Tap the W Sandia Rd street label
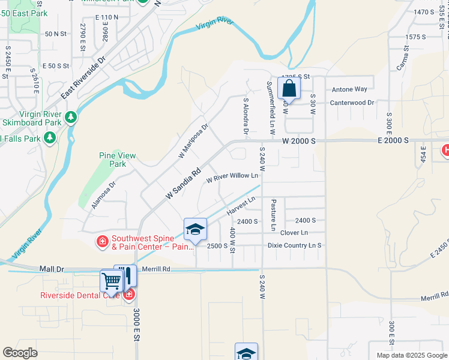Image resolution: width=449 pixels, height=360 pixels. click(x=182, y=184)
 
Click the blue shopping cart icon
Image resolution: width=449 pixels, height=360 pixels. click(x=111, y=280)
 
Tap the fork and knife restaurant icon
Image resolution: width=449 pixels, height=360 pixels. click(x=125, y=276)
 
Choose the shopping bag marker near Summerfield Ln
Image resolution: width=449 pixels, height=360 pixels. click(x=289, y=88)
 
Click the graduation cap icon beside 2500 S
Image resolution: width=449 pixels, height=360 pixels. click(x=195, y=229)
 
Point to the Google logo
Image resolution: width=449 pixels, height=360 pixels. click(x=20, y=353)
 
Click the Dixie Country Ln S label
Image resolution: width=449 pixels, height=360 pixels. click(x=294, y=245)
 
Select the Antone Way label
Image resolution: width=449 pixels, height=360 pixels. click(x=349, y=89)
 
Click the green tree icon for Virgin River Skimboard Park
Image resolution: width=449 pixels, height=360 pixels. click(x=71, y=116)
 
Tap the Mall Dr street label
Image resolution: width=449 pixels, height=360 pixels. click(x=52, y=269)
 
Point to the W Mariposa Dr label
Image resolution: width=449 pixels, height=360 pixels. click(x=193, y=142)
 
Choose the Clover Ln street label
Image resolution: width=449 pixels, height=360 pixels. click(x=294, y=232)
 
